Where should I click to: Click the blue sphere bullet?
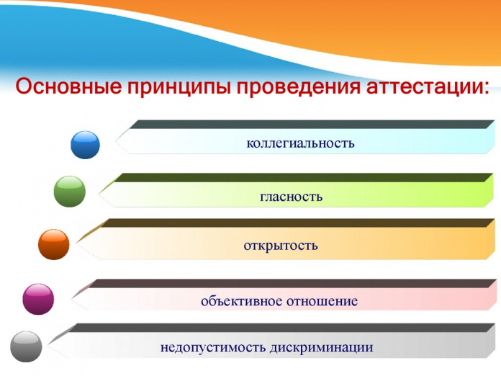point(85,145)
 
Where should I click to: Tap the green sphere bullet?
point(70,191)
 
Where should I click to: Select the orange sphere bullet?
point(54,244)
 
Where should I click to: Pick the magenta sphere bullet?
point(38,299)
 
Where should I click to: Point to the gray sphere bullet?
point(26,346)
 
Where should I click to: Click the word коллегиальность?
point(300,143)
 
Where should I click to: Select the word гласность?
point(291,197)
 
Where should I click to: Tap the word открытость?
point(281,246)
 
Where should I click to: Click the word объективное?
point(241,301)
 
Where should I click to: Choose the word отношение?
point(322,301)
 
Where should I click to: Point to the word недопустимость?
point(212,347)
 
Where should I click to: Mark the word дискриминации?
point(321,347)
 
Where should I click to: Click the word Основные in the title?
point(68,86)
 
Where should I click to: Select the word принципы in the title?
point(179,87)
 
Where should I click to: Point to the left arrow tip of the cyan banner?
point(115,140)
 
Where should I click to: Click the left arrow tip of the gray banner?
point(48,344)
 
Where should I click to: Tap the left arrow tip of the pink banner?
point(71,298)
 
